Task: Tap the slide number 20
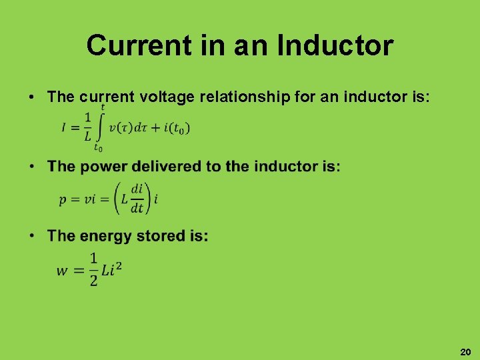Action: click(465, 351)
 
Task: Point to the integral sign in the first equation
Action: click(101, 127)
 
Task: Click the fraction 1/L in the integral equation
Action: click(87, 127)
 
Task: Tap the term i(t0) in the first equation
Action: click(175, 128)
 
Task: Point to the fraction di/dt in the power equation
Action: click(137, 198)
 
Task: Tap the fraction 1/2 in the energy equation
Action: click(93, 269)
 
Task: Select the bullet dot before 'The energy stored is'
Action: click(32, 235)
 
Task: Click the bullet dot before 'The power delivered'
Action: click(32, 166)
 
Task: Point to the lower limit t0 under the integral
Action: click(99, 147)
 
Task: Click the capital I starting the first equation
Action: click(65, 128)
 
